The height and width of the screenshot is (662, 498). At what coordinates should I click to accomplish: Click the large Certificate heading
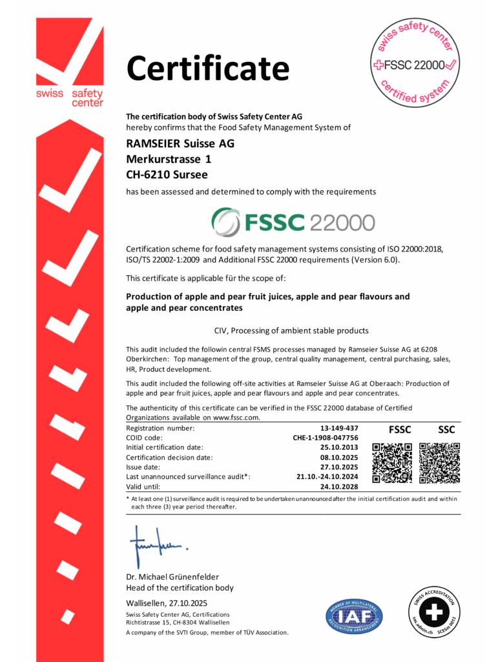click(207, 68)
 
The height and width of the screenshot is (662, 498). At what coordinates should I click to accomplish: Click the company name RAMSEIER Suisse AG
click(180, 144)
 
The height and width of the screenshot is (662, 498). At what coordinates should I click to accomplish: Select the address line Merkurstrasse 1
click(168, 158)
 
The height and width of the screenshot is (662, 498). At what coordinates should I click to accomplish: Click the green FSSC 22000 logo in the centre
click(293, 222)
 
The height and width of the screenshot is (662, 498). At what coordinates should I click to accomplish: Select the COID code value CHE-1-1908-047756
click(326, 438)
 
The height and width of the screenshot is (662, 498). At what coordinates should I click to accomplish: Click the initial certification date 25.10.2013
click(339, 447)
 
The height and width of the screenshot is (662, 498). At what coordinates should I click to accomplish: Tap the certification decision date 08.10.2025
click(339, 457)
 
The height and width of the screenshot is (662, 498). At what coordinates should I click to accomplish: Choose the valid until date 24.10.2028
click(339, 486)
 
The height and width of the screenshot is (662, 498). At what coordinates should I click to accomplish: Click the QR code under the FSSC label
click(392, 463)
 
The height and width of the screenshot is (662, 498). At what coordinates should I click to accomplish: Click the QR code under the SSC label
click(439, 463)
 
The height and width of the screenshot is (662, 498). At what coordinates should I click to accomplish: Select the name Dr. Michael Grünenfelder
click(172, 577)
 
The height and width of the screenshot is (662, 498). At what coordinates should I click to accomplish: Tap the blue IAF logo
click(354, 616)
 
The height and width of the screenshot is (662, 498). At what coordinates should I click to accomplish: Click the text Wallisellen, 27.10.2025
click(167, 603)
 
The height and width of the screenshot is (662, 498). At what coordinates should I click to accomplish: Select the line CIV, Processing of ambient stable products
click(291, 330)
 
